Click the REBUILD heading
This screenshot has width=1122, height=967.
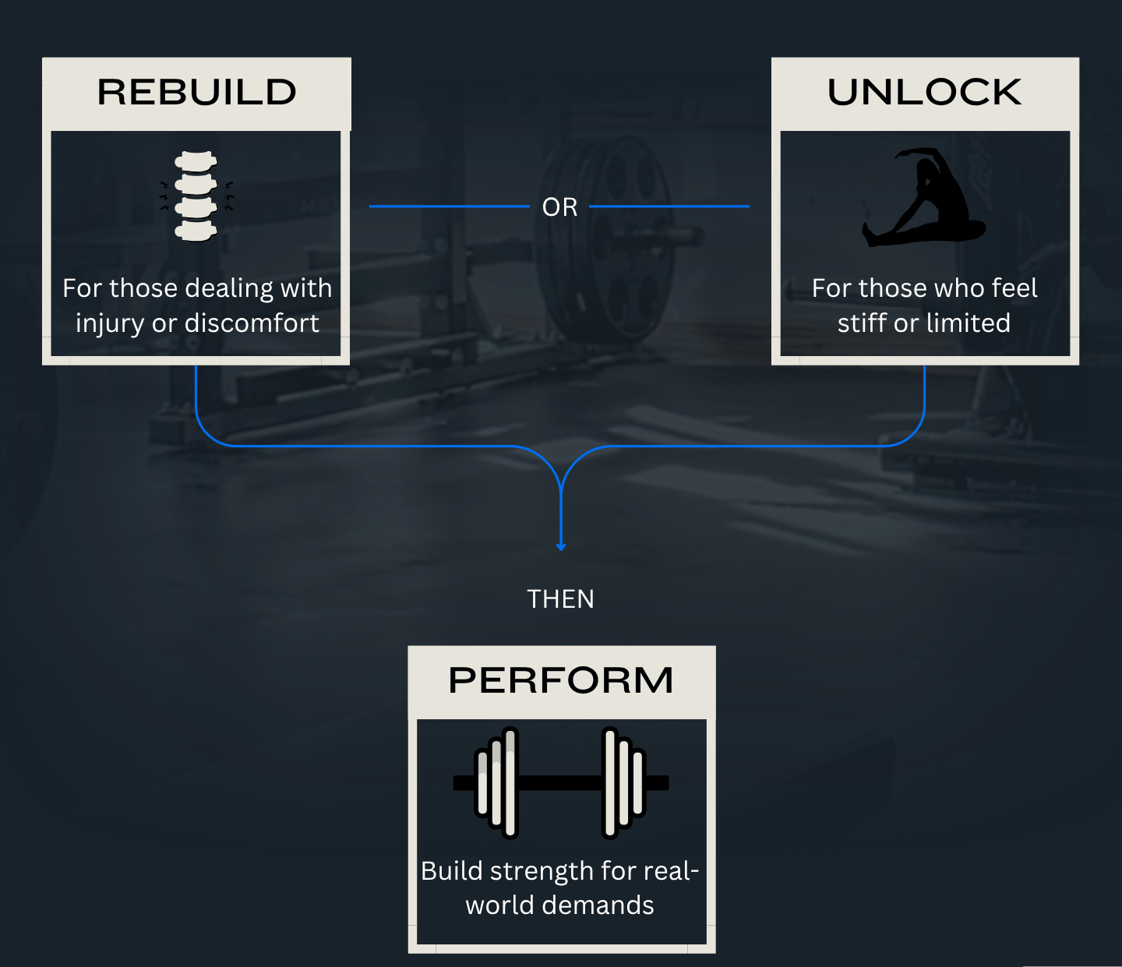pyautogui.click(x=196, y=93)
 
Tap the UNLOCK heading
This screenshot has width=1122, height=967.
pyautogui.click(x=924, y=93)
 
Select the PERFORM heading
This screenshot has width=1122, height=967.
pyautogui.click(x=561, y=680)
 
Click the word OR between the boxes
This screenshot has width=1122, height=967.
pyautogui.click(x=560, y=207)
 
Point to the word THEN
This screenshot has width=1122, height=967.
pyautogui.click(x=560, y=599)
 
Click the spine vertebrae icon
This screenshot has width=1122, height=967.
pyautogui.click(x=196, y=196)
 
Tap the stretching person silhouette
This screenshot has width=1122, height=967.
pyautogui.click(x=924, y=198)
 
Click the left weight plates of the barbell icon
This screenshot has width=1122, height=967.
pyautogui.click(x=497, y=782)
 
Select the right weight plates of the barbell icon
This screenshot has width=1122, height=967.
pyautogui.click(x=624, y=782)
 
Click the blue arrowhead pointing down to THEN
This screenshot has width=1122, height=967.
pyautogui.click(x=561, y=545)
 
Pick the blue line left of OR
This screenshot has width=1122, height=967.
pyautogui.click(x=448, y=206)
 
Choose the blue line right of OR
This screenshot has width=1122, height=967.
pyautogui.click(x=669, y=206)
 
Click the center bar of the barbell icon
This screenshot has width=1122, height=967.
pyautogui.click(x=559, y=782)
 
